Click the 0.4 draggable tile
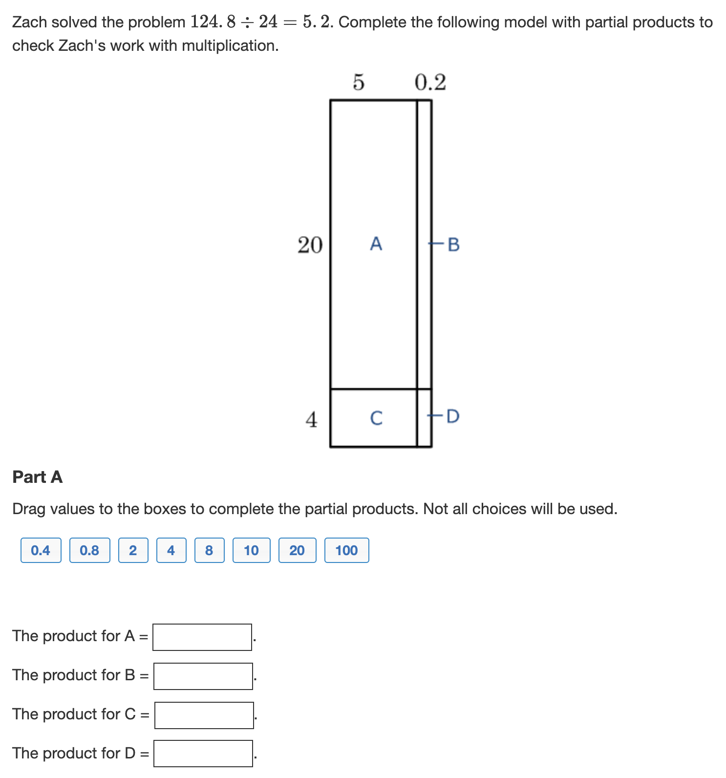tap(41, 550)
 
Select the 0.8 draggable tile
tap(89, 550)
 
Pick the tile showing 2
tap(133, 550)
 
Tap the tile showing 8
tap(209, 550)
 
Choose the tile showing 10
tap(251, 550)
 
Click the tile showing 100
tap(346, 550)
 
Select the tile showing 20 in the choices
tap(297, 550)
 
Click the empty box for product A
tap(202, 637)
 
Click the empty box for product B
tap(203, 676)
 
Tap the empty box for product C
tap(204, 715)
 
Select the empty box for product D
tap(203, 754)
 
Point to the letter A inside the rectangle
tap(376, 243)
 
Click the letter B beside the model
tap(453, 244)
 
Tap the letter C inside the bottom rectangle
tap(376, 418)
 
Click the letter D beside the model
tap(453, 416)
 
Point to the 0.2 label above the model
tap(430, 82)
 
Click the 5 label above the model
tap(359, 82)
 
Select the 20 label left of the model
tap(310, 244)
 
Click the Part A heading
tap(38, 477)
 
